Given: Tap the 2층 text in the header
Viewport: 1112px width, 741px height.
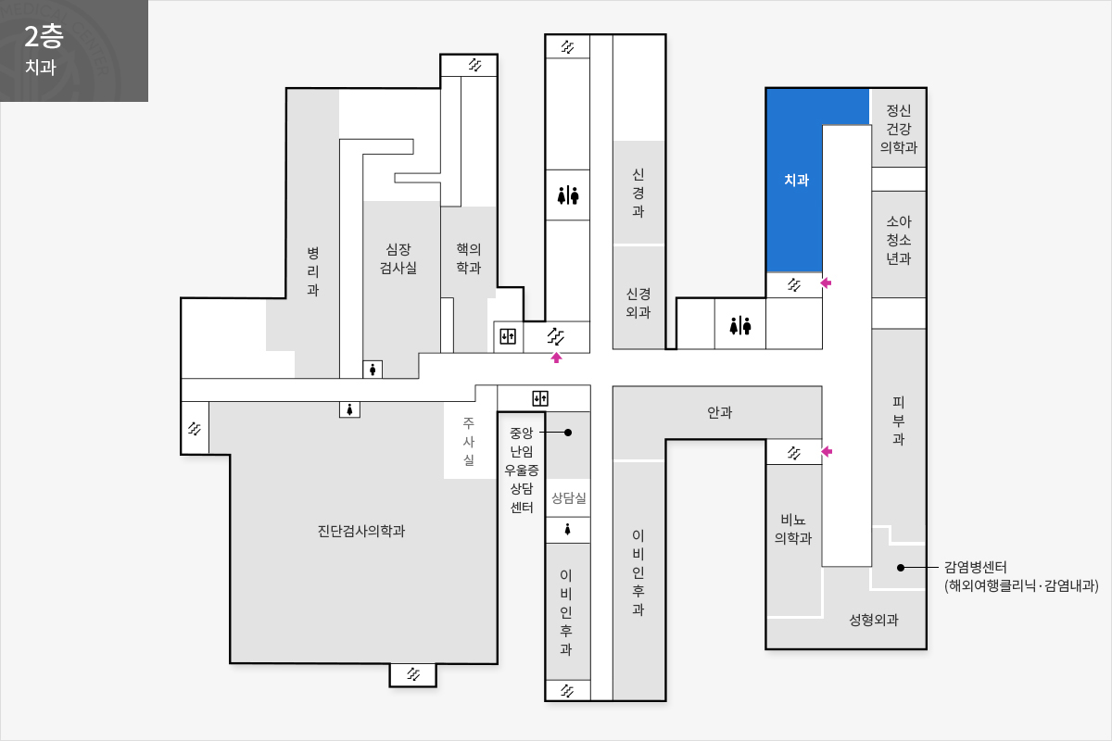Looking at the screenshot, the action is pyautogui.click(x=44, y=36).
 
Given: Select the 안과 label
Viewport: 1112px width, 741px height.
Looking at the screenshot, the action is pyautogui.click(x=719, y=412).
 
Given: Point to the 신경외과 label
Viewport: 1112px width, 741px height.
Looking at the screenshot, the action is pyautogui.click(x=638, y=303).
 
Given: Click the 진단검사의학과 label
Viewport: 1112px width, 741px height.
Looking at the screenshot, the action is pyautogui.click(x=360, y=531).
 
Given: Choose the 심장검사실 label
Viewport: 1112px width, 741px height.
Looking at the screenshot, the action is pyautogui.click(x=398, y=258).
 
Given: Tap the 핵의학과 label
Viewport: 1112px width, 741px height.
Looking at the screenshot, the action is pyautogui.click(x=469, y=258).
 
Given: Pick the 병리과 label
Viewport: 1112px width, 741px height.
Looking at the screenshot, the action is pyautogui.click(x=313, y=271).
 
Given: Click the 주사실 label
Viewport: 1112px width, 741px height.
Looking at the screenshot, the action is pyautogui.click(x=469, y=441).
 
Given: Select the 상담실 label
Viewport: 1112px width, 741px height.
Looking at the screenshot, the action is pyautogui.click(x=568, y=497).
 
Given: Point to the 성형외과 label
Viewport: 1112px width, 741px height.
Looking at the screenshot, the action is pyautogui.click(x=874, y=620).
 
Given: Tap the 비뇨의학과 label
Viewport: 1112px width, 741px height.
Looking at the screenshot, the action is pyautogui.click(x=793, y=529).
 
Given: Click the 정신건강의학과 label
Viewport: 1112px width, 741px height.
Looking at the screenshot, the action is pyautogui.click(x=899, y=129).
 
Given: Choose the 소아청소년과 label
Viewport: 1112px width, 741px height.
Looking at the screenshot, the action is pyautogui.click(x=899, y=240).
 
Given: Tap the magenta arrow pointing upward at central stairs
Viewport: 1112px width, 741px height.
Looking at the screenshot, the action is pyautogui.click(x=556, y=358).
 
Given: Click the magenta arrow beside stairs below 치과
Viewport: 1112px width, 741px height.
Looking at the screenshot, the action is pyautogui.click(x=826, y=283).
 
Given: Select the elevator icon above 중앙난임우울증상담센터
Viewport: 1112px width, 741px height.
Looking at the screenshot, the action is pyautogui.click(x=540, y=398).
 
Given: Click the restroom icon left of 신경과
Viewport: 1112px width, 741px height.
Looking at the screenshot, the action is pyautogui.click(x=568, y=195).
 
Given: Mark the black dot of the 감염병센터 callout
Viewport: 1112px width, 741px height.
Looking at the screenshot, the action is pyautogui.click(x=901, y=567).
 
